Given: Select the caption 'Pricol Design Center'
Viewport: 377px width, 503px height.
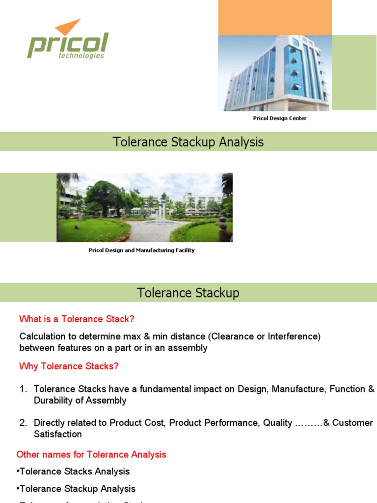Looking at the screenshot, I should tap(279, 118).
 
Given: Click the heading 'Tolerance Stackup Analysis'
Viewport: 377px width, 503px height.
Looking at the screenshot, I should tap(188, 142).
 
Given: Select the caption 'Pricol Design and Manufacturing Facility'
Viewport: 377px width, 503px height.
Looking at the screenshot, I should tap(141, 251).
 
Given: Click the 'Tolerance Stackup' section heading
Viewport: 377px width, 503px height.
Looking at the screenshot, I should tap(188, 293).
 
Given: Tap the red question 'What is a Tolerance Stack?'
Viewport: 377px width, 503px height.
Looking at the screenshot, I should tap(77, 319).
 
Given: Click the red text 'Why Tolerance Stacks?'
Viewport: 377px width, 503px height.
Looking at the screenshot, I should tap(69, 366).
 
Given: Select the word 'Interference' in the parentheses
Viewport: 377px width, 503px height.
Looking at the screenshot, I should tap(293, 336).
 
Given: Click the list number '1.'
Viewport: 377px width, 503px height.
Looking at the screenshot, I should tap(23, 389).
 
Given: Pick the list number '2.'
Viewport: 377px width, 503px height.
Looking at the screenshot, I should tap(23, 423).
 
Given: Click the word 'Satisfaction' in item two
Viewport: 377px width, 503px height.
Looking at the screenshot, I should tap(57, 434).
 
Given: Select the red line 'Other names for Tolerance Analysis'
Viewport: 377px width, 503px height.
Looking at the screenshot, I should tap(91, 455).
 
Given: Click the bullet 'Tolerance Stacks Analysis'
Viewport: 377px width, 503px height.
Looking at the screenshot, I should tap(74, 472).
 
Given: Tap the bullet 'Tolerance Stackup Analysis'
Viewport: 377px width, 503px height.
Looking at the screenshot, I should tap(77, 489).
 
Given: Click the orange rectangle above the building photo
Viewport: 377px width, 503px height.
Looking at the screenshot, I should tap(274, 18).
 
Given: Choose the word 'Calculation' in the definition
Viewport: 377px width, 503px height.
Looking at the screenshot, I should tap(42, 336).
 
